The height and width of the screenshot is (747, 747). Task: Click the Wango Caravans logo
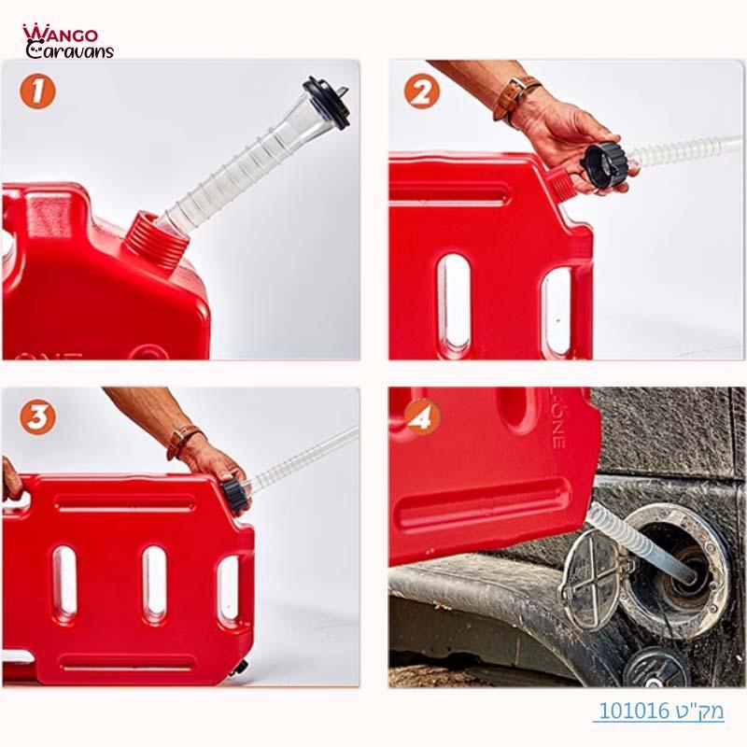tap(67, 41)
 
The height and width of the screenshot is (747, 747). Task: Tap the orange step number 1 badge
tap(37, 92)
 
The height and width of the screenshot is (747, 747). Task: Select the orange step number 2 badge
tap(422, 92)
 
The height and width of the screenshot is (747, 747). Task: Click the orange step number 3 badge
tap(37, 417)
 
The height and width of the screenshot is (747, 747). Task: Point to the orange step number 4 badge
tap(422, 417)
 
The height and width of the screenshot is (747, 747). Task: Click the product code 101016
tap(634, 711)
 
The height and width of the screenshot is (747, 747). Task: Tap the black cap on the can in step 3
tap(235, 494)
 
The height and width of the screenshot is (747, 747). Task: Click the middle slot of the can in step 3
tap(155, 583)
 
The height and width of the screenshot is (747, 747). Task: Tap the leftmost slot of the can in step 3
tap(65, 583)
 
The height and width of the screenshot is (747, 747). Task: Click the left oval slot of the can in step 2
tap(455, 293)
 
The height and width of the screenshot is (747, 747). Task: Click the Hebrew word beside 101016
tap(701, 711)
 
